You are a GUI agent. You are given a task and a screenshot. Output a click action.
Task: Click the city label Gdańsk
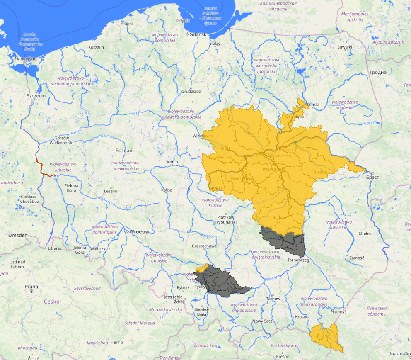[198, 34]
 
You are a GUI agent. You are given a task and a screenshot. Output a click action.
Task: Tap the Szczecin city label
[36, 96]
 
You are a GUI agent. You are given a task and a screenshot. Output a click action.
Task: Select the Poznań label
[124, 151]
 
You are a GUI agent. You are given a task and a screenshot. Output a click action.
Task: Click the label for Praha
[31, 287]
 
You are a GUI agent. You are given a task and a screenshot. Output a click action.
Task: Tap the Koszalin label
[96, 47]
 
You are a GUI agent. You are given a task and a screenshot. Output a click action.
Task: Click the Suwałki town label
[344, 47]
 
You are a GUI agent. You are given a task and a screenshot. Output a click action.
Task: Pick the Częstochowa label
[204, 246]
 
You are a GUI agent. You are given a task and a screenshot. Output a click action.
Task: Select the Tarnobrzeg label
[298, 260]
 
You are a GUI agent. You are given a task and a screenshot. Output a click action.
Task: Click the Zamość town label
[356, 258]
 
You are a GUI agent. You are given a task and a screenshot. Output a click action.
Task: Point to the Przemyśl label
[339, 311]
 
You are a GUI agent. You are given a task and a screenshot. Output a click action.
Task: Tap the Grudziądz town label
[191, 91]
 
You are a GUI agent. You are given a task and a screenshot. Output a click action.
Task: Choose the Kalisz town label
[167, 190]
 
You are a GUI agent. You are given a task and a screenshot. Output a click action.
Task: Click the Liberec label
[54, 248]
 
